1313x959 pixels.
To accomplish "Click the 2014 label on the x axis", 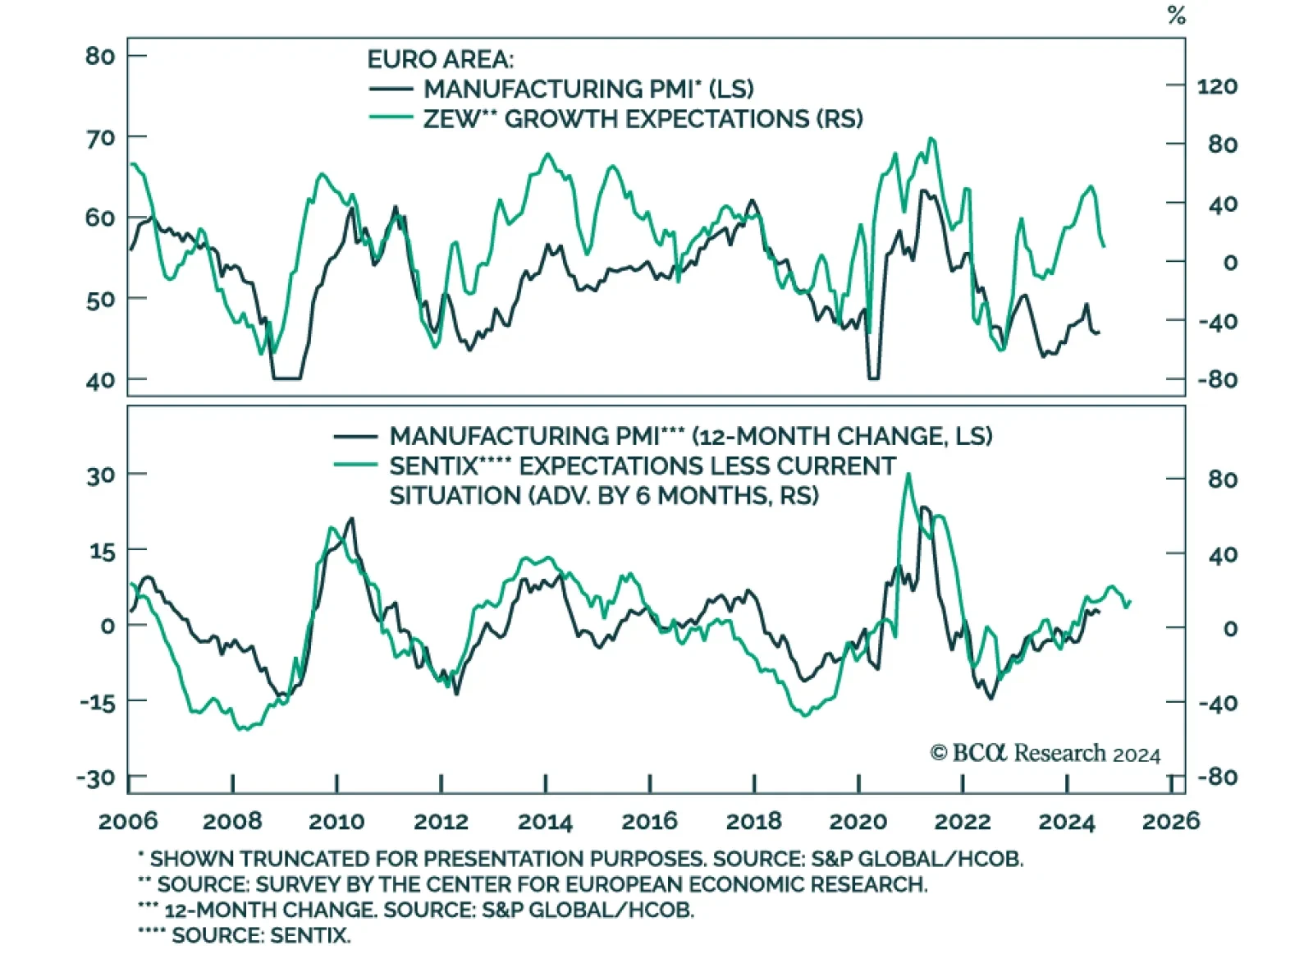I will click(545, 821).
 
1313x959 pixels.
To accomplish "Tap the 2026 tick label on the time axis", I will click(1171, 821).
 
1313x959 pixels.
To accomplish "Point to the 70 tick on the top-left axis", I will click(100, 137).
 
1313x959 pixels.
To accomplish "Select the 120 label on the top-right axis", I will click(1217, 86).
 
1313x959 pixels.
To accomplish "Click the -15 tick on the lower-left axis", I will click(98, 702).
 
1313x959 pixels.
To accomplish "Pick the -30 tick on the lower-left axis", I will click(96, 778).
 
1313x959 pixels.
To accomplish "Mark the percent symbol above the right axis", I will click(1177, 16).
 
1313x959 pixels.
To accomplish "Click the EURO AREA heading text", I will click(440, 59).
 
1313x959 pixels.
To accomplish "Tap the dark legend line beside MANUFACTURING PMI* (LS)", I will click(391, 89).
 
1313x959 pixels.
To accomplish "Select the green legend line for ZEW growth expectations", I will click(391, 118).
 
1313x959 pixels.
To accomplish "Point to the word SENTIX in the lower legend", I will click(432, 466).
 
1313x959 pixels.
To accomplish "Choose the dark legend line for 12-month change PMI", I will click(355, 436).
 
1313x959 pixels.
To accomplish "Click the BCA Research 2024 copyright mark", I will click(1045, 753).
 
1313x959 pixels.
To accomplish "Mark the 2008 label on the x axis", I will click(232, 821).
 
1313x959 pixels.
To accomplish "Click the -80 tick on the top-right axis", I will click(1217, 380).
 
